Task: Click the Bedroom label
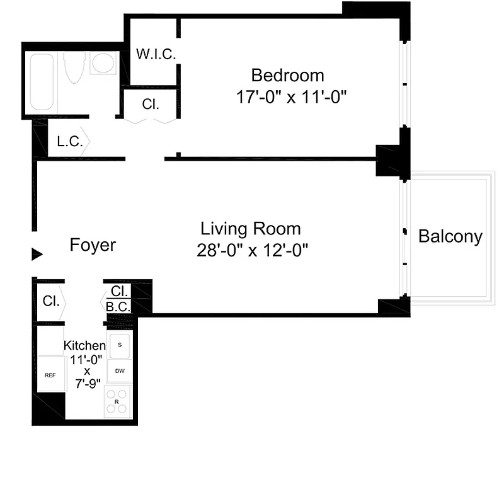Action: [x=287, y=76]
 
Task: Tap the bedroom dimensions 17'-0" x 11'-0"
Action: [x=290, y=98]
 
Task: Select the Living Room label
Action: [x=250, y=228]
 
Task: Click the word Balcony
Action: [x=450, y=237]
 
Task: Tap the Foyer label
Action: [x=93, y=244]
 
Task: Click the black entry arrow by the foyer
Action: [x=37, y=254]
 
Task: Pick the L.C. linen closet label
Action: [x=69, y=142]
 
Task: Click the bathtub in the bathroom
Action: [x=41, y=82]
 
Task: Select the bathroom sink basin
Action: [x=103, y=63]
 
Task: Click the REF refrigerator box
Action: [x=50, y=375]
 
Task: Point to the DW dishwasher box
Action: [x=119, y=371]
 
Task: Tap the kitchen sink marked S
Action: [x=120, y=345]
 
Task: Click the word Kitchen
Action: [x=84, y=345]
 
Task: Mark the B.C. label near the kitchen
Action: [x=118, y=307]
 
